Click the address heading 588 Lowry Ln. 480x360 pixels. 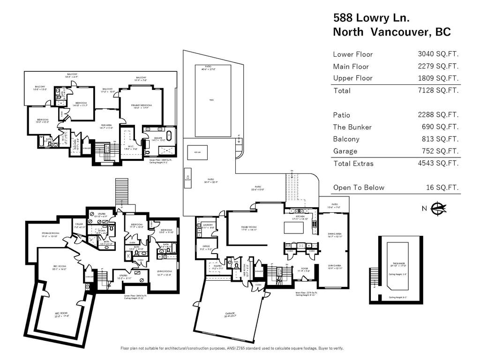pos(372,18)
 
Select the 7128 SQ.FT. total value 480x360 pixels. pos(438,90)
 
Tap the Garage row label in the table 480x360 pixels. pos(345,151)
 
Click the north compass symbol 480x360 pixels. pos(437,208)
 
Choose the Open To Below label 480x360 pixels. pos(359,187)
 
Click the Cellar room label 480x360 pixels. pos(79,225)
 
